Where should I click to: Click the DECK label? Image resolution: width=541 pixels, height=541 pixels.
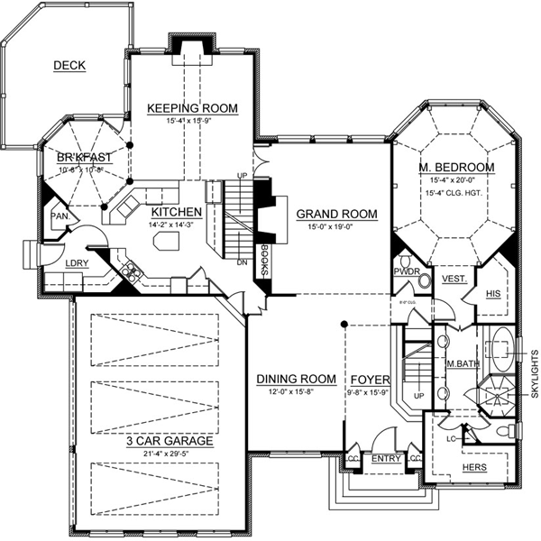[69, 65]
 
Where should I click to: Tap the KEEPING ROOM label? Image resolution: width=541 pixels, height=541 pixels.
[192, 109]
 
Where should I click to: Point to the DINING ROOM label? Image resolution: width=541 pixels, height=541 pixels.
[296, 379]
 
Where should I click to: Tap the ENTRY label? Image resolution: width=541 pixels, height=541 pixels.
[386, 459]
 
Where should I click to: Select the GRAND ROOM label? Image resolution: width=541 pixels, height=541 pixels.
[336, 214]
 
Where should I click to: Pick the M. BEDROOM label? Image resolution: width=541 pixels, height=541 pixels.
[455, 168]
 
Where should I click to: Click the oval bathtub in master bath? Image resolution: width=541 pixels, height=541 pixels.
[500, 348]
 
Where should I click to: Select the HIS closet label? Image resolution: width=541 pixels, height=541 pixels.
[492, 294]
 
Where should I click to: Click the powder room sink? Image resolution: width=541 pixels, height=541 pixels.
[424, 281]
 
